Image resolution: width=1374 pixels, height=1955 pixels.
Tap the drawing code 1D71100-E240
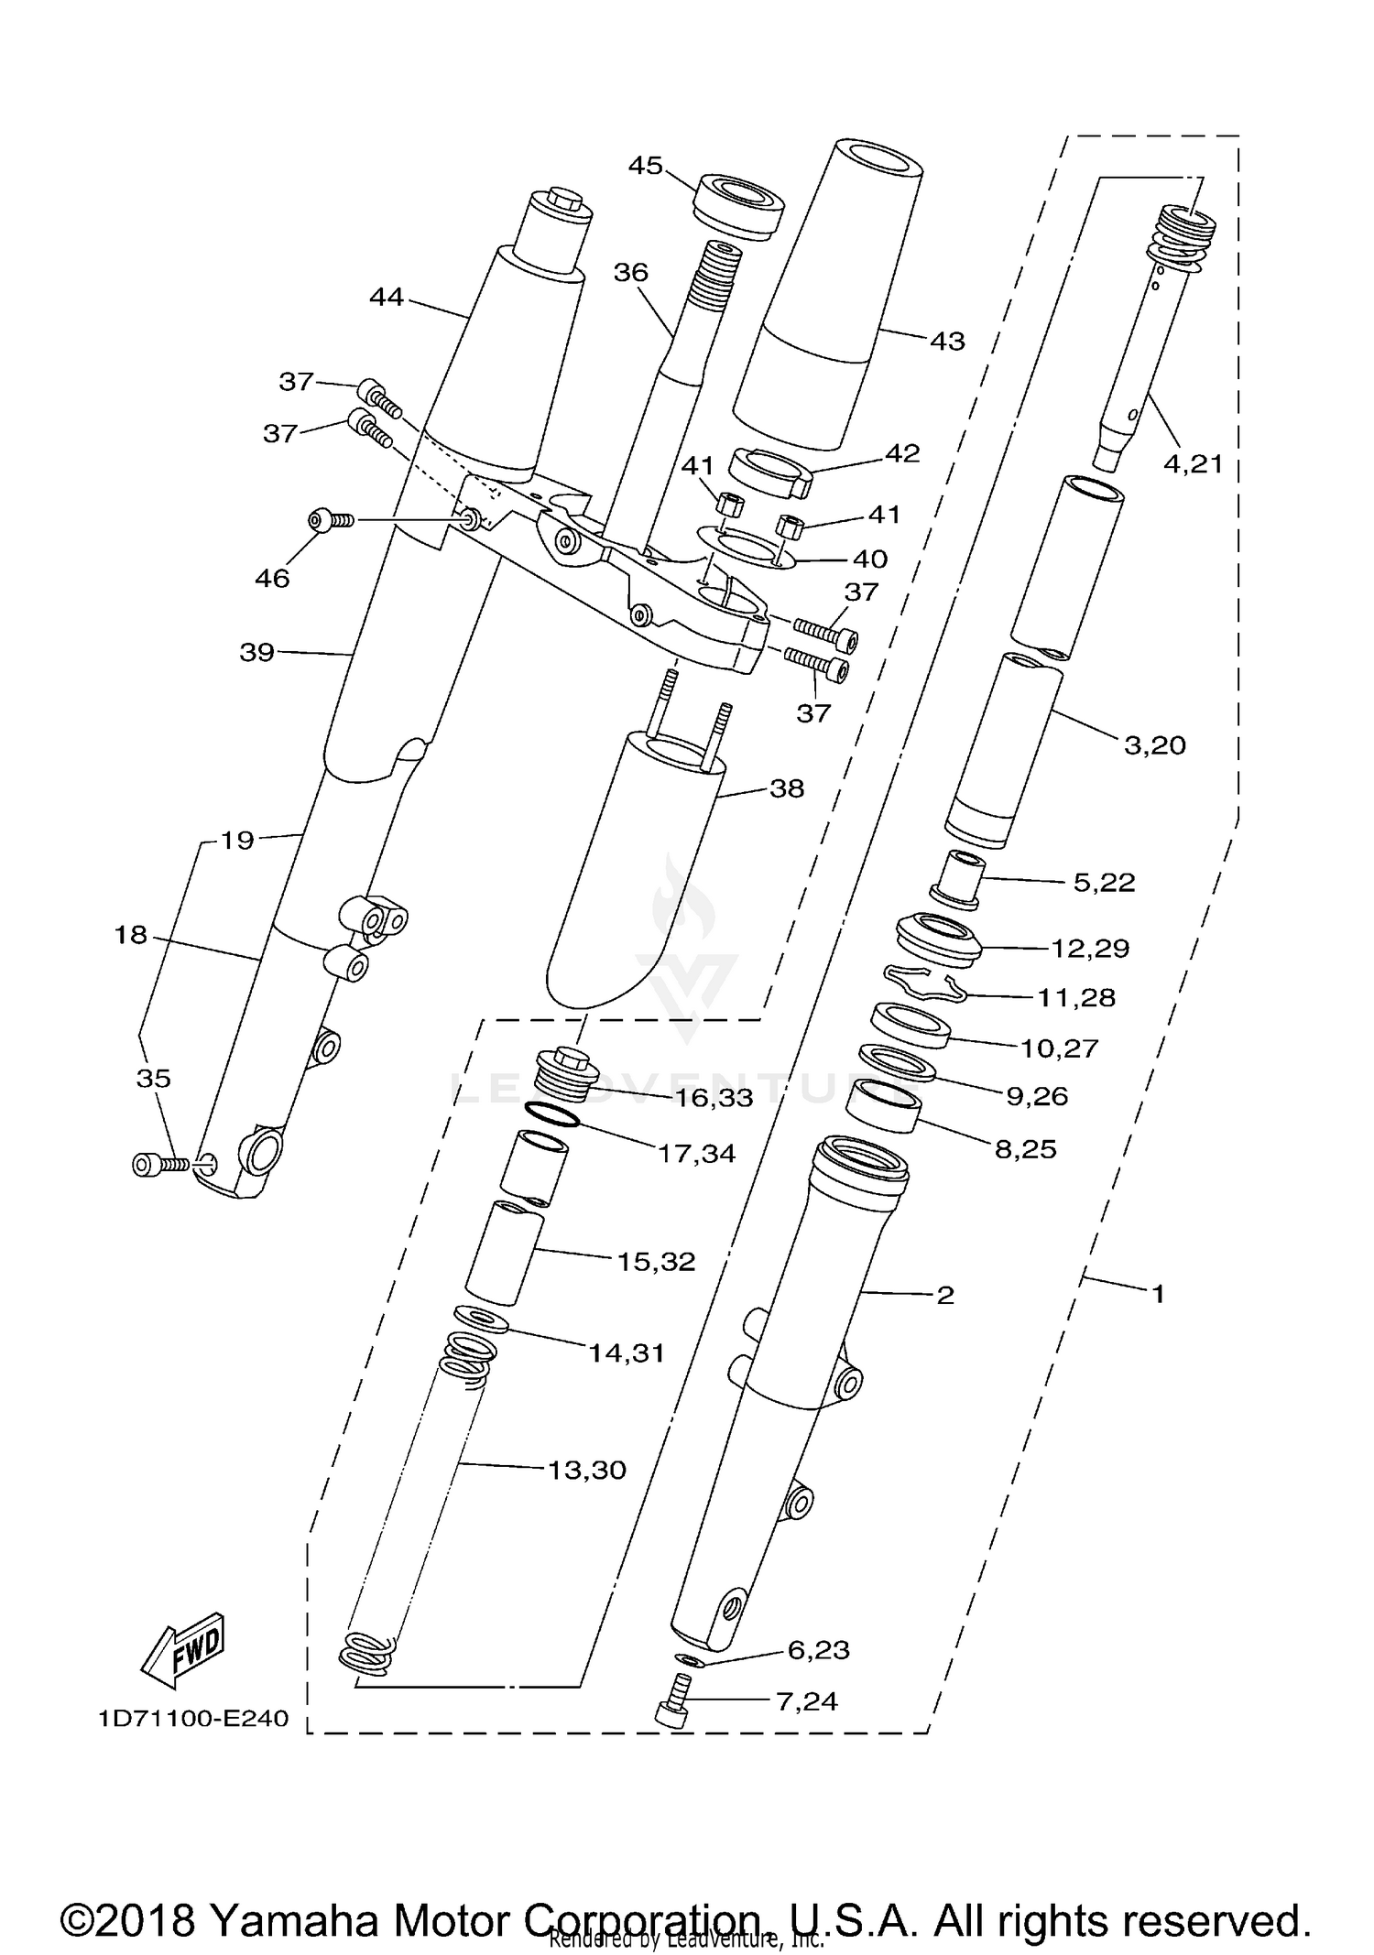193,1718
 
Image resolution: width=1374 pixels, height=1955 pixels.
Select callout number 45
645,166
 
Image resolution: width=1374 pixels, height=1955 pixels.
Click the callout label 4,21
1193,464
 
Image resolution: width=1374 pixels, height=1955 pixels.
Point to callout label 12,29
1089,948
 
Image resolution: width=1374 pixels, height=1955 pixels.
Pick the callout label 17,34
696,1154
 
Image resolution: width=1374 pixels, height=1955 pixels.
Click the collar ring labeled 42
769,470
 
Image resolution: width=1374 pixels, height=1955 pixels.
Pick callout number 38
786,788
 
